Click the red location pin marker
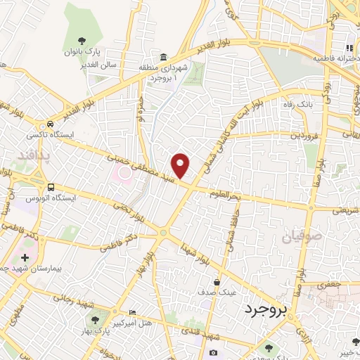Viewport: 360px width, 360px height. pyautogui.click(x=181, y=166)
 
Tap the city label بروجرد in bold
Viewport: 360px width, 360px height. pyautogui.click(x=270, y=309)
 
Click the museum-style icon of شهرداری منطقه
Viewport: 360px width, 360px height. pyautogui.click(x=163, y=57)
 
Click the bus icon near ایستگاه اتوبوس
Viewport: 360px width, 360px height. pyautogui.click(x=50, y=187)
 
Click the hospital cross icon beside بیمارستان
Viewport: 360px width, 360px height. pyautogui.click(x=26, y=258)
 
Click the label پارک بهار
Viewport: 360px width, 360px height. pyautogui.click(x=105, y=330)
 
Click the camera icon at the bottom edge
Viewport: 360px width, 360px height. pyautogui.click(x=214, y=352)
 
